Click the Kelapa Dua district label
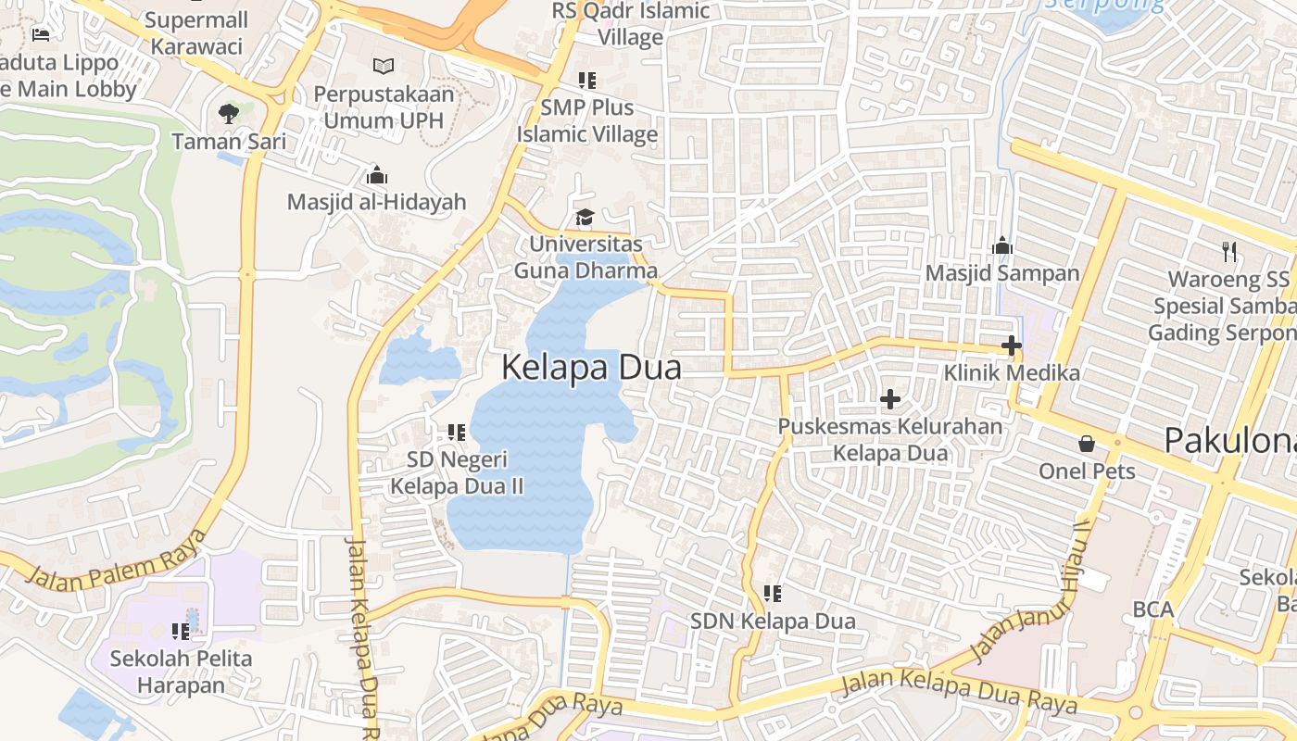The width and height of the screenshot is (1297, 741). point(591,368)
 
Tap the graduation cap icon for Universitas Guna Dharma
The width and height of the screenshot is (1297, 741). point(585,218)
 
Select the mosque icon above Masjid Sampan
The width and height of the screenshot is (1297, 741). point(1002,245)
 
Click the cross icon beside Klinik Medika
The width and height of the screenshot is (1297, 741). point(1012,346)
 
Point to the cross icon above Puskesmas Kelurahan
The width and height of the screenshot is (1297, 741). point(890,399)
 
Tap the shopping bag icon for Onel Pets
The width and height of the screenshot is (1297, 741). point(1087,444)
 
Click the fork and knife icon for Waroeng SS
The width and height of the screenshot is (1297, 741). point(1229,251)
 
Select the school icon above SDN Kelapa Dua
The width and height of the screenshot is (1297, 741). point(773,593)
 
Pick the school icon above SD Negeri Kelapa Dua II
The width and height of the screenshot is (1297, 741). point(456,432)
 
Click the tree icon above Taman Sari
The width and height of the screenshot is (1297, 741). point(228,114)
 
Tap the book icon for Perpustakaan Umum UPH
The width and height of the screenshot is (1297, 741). point(384,66)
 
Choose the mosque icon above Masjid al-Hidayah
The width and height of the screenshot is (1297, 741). point(377,174)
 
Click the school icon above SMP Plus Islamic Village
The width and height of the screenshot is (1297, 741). point(586,81)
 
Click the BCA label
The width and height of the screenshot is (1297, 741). point(1153,609)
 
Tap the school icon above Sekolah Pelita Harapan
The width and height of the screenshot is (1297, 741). point(181,632)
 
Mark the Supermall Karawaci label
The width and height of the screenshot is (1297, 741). point(196,32)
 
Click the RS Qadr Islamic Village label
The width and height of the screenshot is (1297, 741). point(631,24)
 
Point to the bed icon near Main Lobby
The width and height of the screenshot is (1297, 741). point(41,34)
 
